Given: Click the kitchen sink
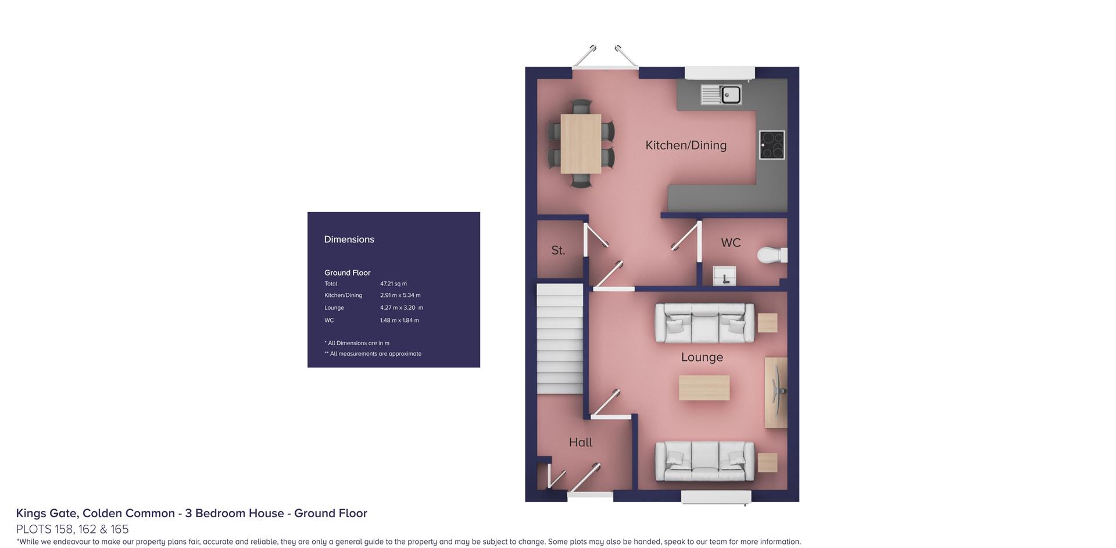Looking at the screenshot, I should pos(721,94).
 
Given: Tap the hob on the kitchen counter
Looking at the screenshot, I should pos(772,145).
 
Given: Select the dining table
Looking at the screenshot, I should pos(581,144).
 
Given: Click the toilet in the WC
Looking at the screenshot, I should pos(772,255).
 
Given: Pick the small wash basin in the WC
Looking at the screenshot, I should pos(724,276).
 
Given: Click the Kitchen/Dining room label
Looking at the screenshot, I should pos(686,145).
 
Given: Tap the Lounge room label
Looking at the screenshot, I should pos(702,357).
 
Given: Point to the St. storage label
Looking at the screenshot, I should pos(558,250).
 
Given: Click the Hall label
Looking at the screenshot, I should pos(581,443).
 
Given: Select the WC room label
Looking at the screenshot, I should pos(731,243).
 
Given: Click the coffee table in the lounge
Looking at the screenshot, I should pos(704,388).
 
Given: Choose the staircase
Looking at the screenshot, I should pos(560,339).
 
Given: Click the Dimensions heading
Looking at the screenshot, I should pos(349,239).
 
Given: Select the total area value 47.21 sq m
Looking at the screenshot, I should pos(394,284).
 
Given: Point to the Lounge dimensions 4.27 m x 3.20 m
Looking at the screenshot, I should pos(401,308).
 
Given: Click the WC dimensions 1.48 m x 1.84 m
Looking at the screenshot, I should pos(399,320).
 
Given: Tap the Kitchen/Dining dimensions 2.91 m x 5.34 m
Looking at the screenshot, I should pos(400,295).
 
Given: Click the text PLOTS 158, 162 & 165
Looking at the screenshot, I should pos(72,529).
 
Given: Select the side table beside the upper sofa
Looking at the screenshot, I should pos(767,323).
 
